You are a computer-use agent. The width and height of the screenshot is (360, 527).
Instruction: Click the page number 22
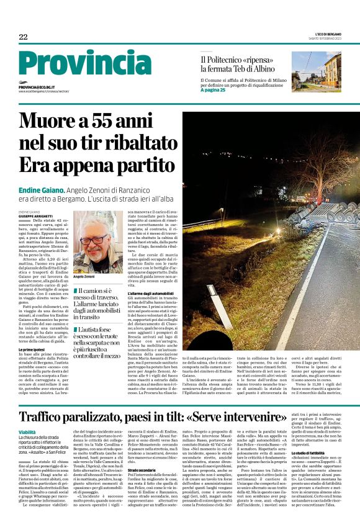click(23, 37)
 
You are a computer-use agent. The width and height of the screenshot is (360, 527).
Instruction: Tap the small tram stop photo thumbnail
click(315, 71)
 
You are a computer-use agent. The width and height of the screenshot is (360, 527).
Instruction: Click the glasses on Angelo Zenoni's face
click(96, 240)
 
